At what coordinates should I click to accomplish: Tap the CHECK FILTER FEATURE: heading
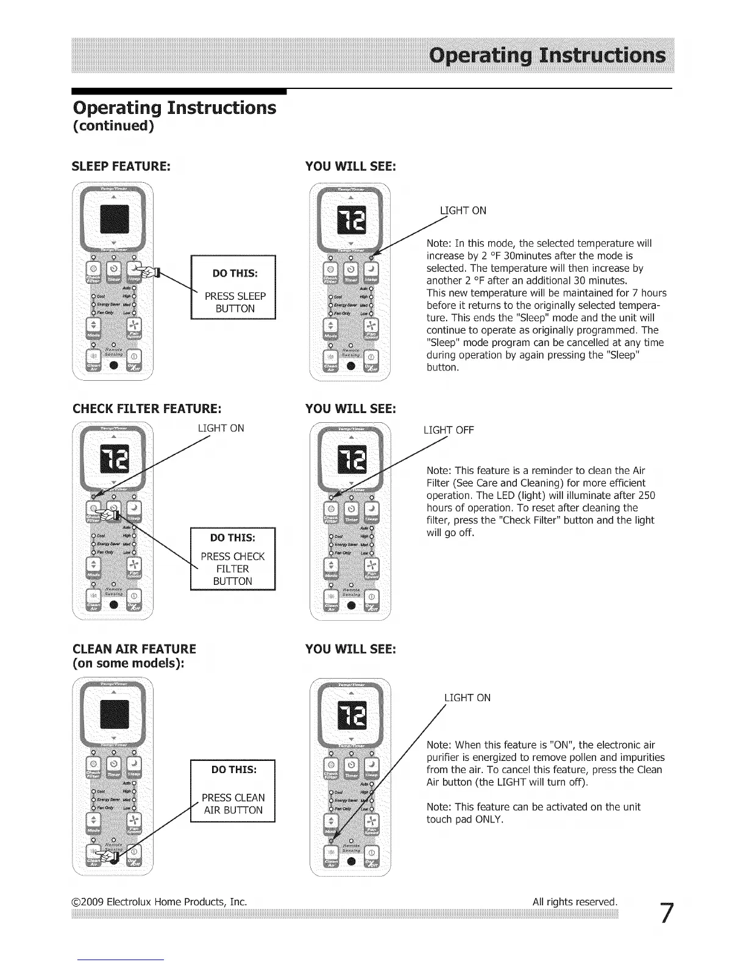pos(146,408)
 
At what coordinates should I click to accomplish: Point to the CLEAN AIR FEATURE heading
pos(134,649)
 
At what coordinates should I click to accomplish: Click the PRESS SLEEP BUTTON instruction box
pos(233,287)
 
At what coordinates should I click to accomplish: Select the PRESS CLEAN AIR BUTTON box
pos(233,791)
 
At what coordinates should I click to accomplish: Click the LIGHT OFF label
pos(449,430)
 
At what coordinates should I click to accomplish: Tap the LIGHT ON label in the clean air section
pos(467,698)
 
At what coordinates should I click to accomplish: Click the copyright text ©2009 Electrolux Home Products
pos(159,901)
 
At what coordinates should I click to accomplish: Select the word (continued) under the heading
pos(113,126)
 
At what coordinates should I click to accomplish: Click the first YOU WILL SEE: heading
pos(350,166)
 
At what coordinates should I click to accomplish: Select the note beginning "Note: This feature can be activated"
pos(533,813)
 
